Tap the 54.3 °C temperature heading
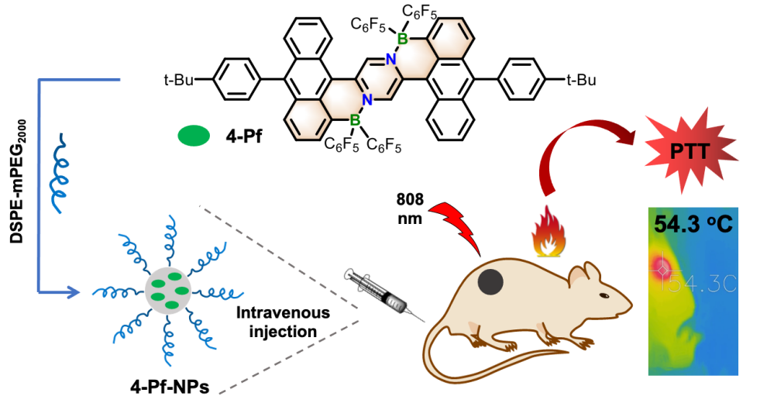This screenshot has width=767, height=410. click(693, 224)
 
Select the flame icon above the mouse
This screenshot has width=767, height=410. click(549, 231)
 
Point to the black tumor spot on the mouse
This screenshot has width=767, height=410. click(491, 281)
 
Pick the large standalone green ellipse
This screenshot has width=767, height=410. click(194, 136)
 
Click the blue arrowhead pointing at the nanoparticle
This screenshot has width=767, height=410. click(73, 292)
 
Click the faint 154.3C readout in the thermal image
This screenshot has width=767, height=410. click(697, 284)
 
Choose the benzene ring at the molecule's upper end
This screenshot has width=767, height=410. click(449, 38)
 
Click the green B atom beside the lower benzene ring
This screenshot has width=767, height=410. click(354, 120)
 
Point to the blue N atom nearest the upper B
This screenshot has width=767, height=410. click(390, 59)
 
